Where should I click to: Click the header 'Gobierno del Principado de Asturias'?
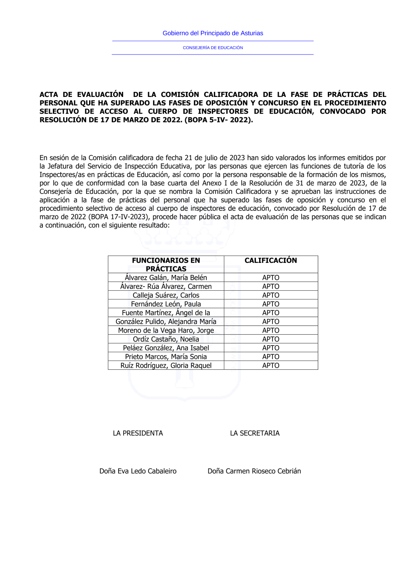pos(213,33)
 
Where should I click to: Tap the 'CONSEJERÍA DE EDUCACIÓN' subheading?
pos(213,48)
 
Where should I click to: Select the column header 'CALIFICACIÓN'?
pos(270,260)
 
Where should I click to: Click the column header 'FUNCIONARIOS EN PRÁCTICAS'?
pos(166,264)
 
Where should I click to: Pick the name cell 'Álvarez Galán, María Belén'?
pos(166,278)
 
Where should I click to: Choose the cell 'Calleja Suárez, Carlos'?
pos(166,295)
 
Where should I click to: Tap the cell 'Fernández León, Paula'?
pos(166,304)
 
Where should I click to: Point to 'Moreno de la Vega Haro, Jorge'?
pos(166,331)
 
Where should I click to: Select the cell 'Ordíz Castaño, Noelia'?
pos(166,339)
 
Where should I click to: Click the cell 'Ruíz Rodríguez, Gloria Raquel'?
pos(166,366)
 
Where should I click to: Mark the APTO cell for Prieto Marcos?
pos(270,357)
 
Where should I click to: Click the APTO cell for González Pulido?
pos(270,321)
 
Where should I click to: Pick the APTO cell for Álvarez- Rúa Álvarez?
pos(270,287)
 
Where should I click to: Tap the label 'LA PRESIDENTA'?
pos(138,433)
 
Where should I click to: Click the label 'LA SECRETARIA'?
pos(255,433)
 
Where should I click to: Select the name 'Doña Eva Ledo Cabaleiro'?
pos(138,471)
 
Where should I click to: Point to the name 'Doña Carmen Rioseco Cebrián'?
pos(254,471)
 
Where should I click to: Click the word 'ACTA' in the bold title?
pos(49,95)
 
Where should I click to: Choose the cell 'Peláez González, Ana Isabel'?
pos(166,348)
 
